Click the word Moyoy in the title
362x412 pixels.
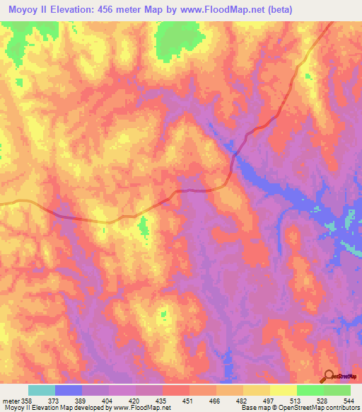pyautogui.click(x=21, y=9)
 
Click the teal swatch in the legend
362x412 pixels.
pyautogui.click(x=42, y=390)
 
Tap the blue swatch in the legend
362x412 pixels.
pyautogui.click(x=69, y=390)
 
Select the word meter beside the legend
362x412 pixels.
pyautogui.click(x=11, y=400)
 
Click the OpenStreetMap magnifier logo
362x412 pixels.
pyautogui.click(x=329, y=376)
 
